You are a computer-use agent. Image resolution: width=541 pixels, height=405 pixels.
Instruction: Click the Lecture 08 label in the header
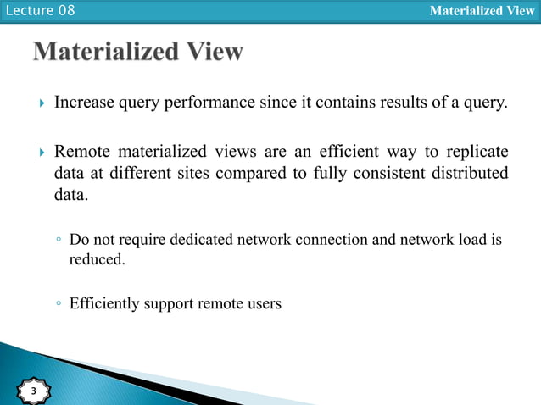38,11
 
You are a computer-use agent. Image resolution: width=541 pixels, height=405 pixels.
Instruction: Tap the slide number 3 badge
33,391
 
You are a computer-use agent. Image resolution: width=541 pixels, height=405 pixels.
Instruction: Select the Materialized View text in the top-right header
482,11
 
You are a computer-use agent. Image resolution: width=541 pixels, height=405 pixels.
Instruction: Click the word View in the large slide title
212,53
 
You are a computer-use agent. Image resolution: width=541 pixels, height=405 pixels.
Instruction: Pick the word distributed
469,175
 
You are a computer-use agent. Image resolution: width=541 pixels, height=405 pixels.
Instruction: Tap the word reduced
97,259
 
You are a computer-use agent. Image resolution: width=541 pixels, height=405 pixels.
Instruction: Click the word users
262,302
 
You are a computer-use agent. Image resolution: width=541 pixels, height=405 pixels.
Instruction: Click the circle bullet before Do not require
59,241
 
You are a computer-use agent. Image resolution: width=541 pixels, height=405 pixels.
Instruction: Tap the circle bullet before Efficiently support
59,302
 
